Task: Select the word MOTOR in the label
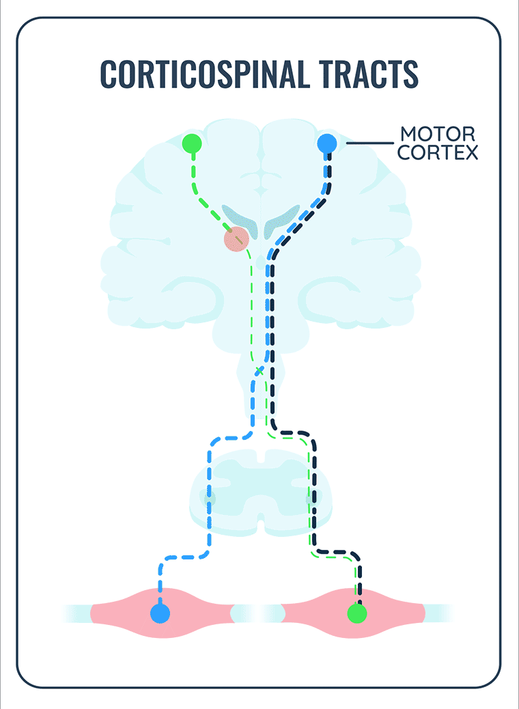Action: click(436, 133)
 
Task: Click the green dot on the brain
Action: click(192, 144)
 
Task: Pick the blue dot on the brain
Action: click(327, 144)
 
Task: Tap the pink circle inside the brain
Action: click(236, 238)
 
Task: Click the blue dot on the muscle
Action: click(160, 613)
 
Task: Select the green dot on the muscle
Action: click(356, 613)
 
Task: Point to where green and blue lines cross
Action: click(259, 370)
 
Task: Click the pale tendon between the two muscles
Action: click(257, 613)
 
